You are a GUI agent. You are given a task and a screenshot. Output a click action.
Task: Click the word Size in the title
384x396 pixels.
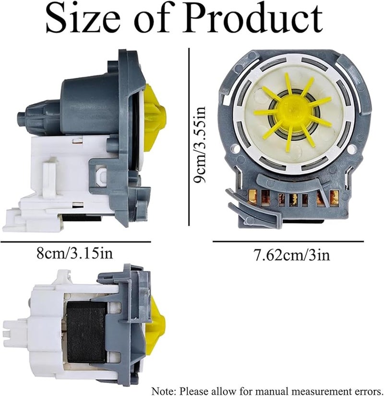coord(83,19)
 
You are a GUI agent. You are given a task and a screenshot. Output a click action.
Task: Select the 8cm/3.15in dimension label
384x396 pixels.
coord(75,253)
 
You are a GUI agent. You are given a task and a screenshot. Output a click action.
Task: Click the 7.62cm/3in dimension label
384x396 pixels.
coord(291,255)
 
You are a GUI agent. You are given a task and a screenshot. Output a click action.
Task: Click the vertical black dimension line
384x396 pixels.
coord(189,136)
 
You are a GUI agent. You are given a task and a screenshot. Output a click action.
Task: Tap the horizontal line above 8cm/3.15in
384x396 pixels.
coord(76,242)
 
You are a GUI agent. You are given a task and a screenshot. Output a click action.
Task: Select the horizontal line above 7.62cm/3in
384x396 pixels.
coord(288,241)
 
